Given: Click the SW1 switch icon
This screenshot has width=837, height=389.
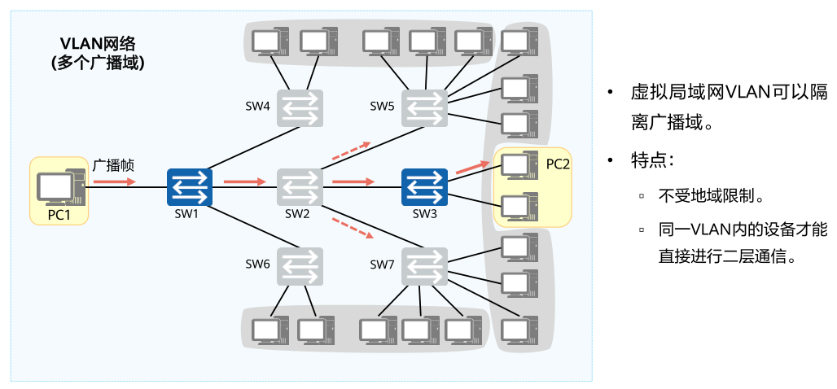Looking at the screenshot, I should [x=190, y=188].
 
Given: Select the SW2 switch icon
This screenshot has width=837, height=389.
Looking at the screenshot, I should [x=300, y=188].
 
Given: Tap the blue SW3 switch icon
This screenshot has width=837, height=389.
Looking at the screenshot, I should [x=424, y=188].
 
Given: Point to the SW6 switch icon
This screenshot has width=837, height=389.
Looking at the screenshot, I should [x=300, y=266].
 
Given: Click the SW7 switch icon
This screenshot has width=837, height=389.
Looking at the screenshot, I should [x=424, y=266].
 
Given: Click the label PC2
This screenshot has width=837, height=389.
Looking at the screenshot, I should [x=558, y=164].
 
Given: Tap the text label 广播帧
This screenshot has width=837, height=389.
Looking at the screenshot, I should [x=113, y=165].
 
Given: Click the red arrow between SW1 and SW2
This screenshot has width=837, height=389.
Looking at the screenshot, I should [x=244, y=181].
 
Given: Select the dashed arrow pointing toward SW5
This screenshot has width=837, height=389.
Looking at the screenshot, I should [x=351, y=151].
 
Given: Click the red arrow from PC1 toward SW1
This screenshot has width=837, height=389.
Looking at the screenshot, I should [x=114, y=181].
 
